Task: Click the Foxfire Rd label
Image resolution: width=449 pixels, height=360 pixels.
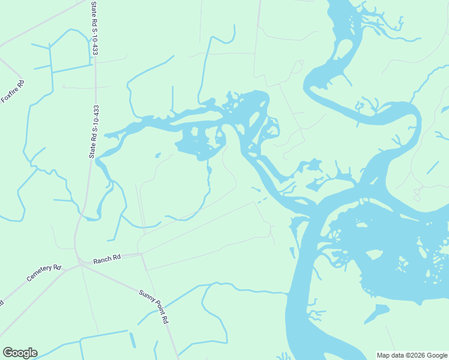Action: (12, 91)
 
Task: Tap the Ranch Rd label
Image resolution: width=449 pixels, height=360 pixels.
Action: (107, 258)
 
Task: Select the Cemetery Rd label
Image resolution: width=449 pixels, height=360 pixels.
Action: (44, 274)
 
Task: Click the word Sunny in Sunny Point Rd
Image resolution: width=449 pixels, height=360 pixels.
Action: (146, 296)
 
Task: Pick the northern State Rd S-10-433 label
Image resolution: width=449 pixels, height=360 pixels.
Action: (95, 28)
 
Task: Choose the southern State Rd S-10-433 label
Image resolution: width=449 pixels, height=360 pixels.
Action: (93, 131)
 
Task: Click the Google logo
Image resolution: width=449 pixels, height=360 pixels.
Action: (20, 353)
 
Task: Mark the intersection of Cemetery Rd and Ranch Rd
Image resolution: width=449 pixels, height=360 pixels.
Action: (79, 263)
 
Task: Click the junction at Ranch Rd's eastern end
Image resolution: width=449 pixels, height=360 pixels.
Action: (140, 254)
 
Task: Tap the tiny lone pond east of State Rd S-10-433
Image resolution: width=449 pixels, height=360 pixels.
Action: (157, 155)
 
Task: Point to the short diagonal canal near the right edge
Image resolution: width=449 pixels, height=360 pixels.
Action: (432, 167)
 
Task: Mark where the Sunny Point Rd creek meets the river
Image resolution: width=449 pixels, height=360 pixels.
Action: (287, 293)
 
